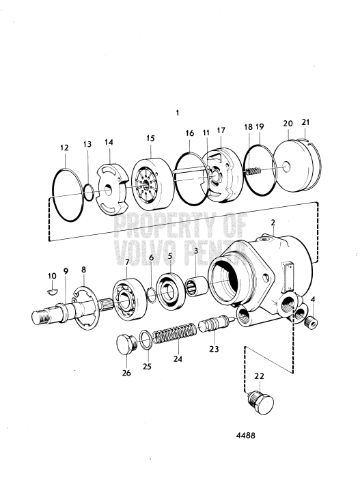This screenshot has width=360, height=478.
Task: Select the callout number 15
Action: [x=150, y=139]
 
